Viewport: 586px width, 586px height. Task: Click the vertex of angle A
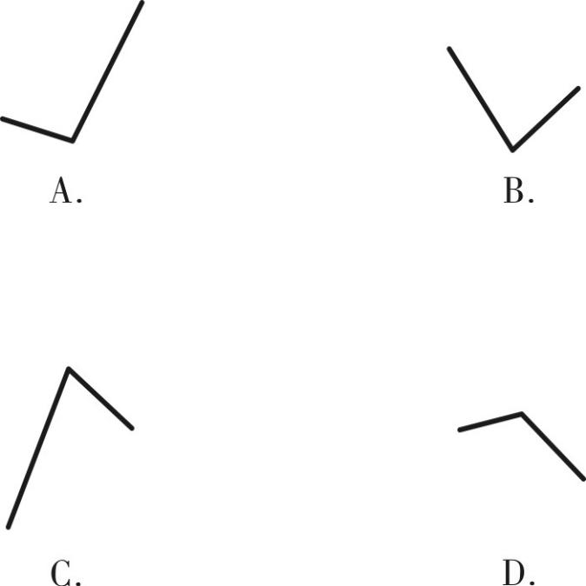[72, 141]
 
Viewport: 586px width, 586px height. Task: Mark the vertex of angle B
[512, 150]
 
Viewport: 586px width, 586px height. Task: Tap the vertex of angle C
[69, 369]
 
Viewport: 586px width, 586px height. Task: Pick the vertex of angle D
[522, 413]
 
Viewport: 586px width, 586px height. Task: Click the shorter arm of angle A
[37, 130]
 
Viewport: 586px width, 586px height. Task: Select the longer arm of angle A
[107, 72]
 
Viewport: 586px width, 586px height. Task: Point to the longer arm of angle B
[481, 99]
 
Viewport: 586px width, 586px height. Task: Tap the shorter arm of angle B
[546, 119]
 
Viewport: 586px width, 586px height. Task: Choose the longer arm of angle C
[38, 448]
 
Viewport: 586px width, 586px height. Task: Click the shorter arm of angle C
[100, 399]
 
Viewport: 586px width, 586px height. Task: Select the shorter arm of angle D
[490, 422]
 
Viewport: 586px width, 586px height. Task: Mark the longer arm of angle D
[553, 446]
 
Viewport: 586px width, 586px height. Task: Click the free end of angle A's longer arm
[142, 3]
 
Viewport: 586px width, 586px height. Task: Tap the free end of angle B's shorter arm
[578, 89]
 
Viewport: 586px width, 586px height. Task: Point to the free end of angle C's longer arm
[8, 528]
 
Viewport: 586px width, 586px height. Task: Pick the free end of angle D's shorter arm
[460, 430]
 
